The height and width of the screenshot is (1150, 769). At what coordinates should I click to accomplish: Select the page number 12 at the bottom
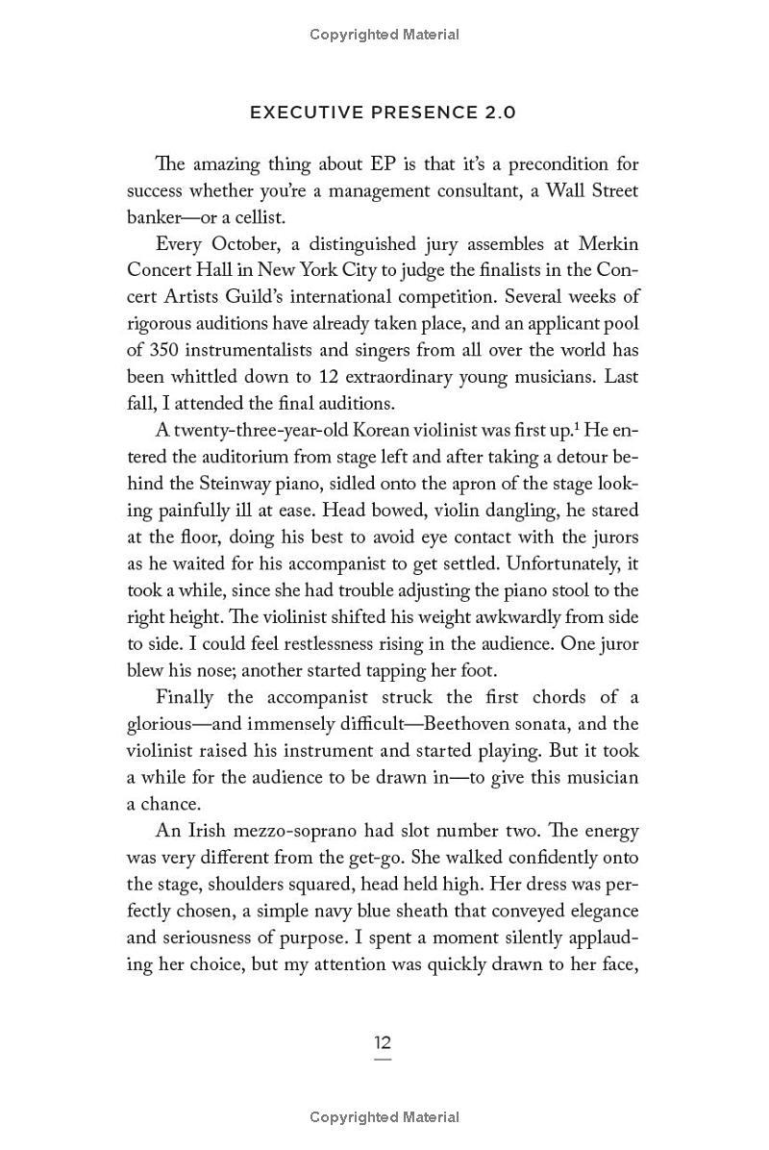tap(383, 1043)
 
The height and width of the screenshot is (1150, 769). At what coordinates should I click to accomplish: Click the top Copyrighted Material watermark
tap(384, 35)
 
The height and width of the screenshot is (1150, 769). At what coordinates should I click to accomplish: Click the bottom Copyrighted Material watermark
tap(384, 1117)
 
